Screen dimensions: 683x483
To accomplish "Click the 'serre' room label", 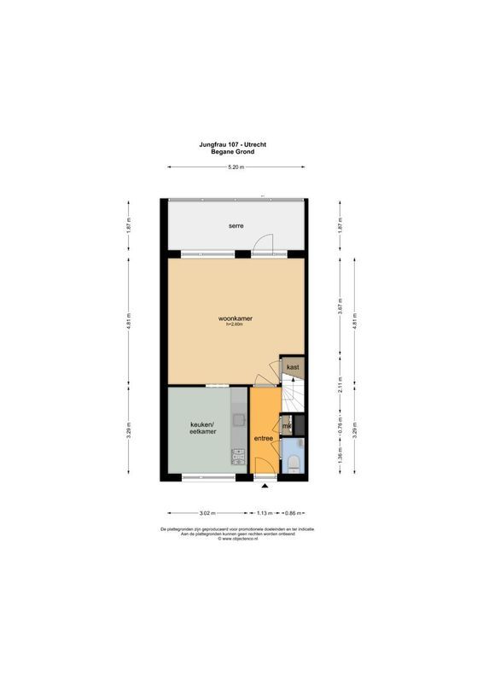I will [x=236, y=226].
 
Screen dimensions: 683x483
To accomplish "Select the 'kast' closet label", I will [x=293, y=367].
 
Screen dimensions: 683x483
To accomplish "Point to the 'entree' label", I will [x=264, y=439].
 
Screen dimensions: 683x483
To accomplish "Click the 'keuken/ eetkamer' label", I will [x=202, y=429].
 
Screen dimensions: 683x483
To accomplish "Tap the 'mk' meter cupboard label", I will [x=288, y=426].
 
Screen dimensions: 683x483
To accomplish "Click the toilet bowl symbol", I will [x=292, y=462].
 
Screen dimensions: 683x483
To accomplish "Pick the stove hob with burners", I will [x=239, y=458].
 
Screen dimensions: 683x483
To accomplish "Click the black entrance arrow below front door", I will [x=265, y=486].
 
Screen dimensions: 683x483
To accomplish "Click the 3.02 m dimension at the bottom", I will [x=207, y=513].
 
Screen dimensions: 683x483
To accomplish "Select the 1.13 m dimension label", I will [x=265, y=513].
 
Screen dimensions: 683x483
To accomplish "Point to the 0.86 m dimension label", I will [x=293, y=513].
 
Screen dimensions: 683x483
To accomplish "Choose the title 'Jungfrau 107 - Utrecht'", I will [x=236, y=145].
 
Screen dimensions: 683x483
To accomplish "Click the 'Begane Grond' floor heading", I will [x=236, y=152].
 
